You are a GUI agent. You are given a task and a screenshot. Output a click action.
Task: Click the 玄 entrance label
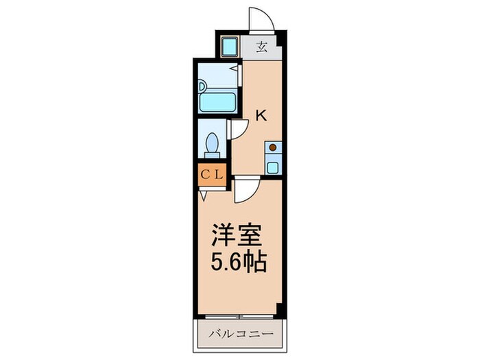[262, 47]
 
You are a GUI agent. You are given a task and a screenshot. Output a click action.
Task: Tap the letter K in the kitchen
[261, 116]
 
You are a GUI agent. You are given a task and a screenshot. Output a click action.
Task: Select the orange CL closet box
[212, 175]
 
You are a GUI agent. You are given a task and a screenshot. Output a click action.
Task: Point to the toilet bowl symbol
[213, 145]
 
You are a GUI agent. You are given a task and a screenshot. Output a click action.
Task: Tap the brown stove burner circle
[273, 147]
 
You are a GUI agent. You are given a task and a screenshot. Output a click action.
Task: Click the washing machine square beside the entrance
[229, 47]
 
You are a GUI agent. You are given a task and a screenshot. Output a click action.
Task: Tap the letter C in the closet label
[205, 175]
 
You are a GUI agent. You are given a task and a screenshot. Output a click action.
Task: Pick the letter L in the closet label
[218, 175]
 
